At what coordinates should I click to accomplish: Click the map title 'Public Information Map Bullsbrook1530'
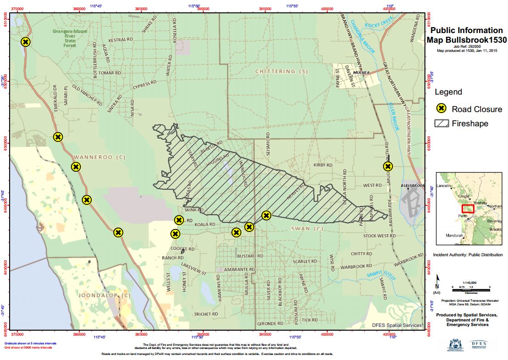coord(466,35)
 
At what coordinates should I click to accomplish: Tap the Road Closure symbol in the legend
coord(441,109)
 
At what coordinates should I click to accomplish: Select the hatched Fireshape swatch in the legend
coord(441,124)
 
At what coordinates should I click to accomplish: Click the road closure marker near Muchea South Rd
coord(388,166)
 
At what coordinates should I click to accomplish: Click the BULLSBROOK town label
coord(413,186)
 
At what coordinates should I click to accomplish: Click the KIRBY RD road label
coord(323,165)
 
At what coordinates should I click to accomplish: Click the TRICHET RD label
coord(206,315)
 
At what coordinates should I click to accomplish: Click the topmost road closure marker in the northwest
coord(26,42)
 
